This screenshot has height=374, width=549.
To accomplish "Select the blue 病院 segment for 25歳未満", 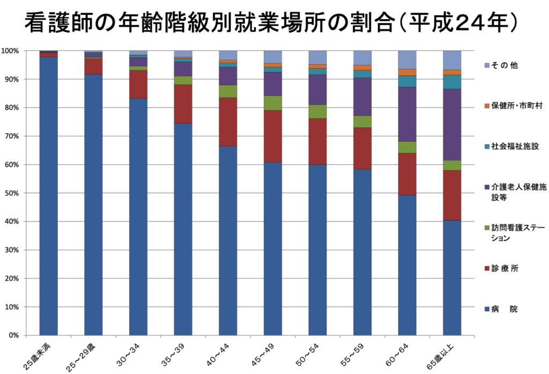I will [49, 196].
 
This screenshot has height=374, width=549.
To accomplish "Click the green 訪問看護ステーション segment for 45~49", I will [273, 103].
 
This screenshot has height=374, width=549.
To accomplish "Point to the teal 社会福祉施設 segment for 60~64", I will [407, 82].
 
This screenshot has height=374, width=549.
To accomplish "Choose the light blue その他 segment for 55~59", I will [362, 58].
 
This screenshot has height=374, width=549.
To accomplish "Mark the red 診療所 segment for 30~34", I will [138, 84].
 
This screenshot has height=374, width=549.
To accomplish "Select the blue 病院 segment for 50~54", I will [317, 250].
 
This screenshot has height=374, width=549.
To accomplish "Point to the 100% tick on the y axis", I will [11, 51].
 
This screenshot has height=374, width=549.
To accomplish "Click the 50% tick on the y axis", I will [12, 193].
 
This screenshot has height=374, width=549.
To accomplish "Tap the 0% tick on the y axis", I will [13, 335].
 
